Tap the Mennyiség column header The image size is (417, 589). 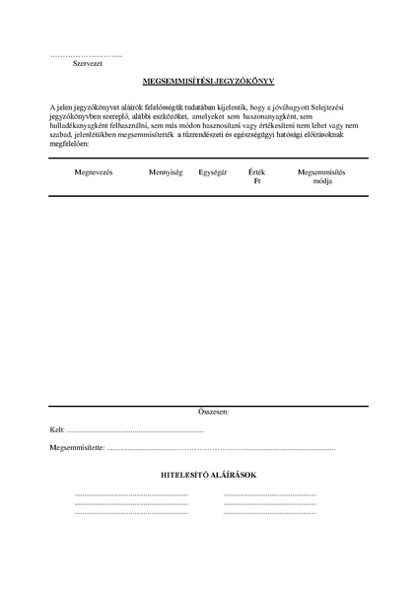click(166, 172)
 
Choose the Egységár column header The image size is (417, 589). click(213, 172)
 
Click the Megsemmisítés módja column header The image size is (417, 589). click(321, 176)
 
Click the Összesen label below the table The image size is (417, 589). click(213, 410)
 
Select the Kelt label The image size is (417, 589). click(56, 430)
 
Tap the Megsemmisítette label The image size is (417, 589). click(76, 448)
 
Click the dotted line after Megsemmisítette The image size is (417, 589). click(222, 449)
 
